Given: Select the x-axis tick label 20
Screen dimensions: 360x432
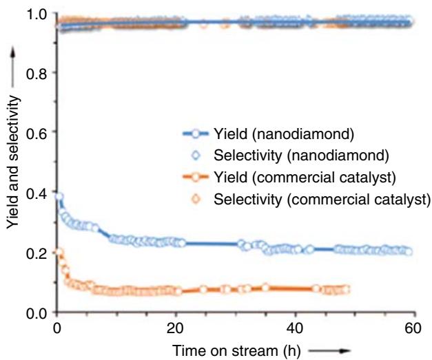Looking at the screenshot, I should point(175,328).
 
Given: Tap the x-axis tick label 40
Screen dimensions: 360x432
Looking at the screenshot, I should point(294,328).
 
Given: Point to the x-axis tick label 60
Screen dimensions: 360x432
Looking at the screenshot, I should point(413,328).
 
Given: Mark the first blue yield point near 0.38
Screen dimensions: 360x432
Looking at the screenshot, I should point(59,197).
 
